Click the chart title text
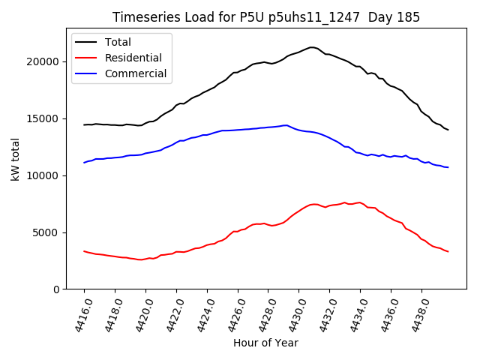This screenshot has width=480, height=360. [266, 17]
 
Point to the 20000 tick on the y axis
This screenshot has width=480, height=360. [48, 61]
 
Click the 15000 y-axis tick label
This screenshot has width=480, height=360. [48, 118]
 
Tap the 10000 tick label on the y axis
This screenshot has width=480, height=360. [48, 175]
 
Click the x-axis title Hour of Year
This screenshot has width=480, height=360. [265, 343]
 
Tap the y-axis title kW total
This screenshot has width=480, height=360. [15, 162]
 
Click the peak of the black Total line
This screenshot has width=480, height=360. [312, 47]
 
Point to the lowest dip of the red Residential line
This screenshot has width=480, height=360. [141, 259]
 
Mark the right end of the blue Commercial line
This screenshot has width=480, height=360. [448, 167]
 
